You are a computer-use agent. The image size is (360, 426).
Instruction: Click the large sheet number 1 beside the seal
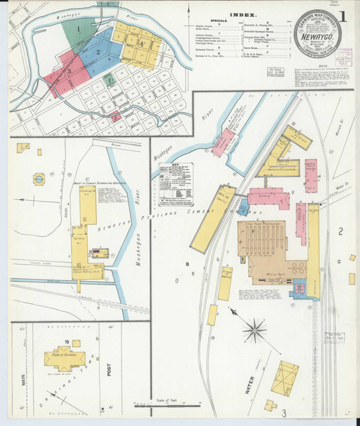(344, 16)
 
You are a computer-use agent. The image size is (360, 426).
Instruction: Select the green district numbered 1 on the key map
(78, 29)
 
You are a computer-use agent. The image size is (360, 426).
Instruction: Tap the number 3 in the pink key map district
(69, 71)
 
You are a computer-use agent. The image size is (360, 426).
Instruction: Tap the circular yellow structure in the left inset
(39, 177)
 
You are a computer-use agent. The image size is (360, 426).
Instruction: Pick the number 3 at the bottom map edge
(283, 413)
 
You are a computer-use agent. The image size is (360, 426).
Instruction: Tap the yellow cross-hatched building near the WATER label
(288, 376)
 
